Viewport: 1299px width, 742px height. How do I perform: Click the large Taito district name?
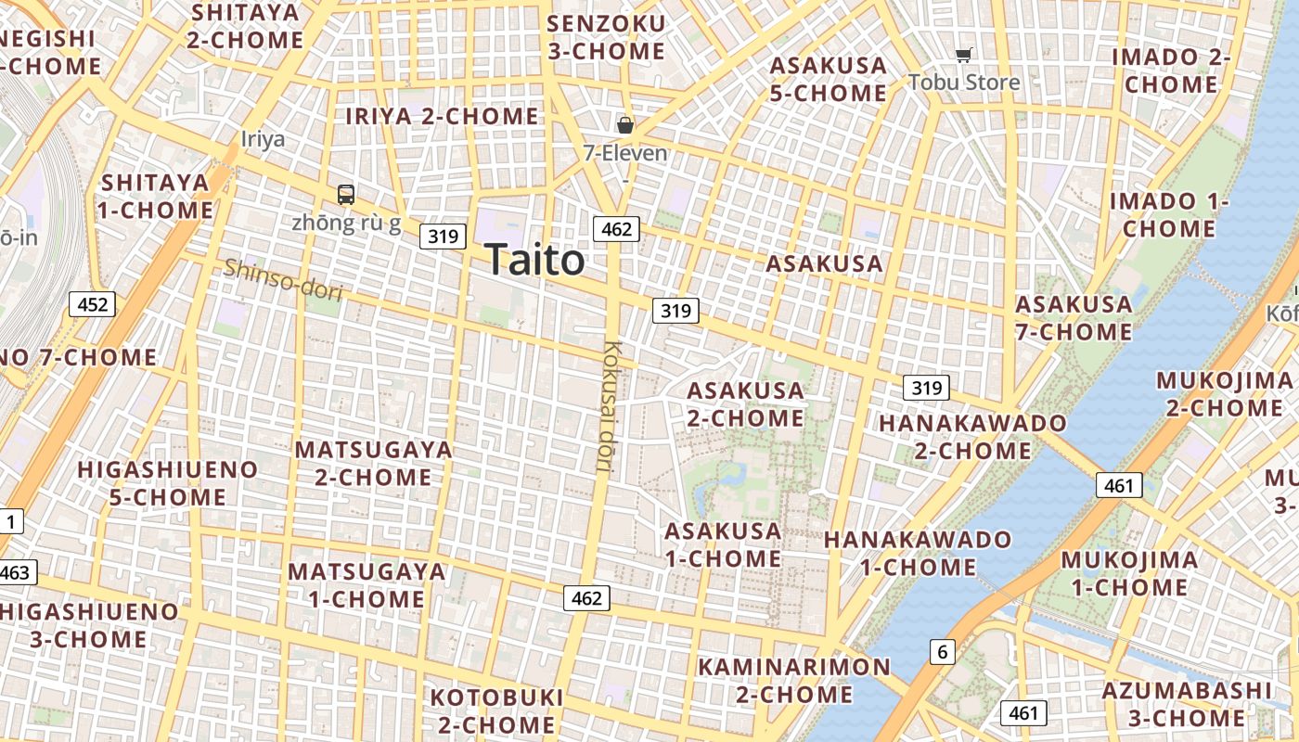[x=534, y=260]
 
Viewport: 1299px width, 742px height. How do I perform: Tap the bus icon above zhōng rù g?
[x=346, y=194]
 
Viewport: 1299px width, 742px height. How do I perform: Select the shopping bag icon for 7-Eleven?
[x=625, y=124]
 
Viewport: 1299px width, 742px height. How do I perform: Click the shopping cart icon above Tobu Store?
[x=964, y=56]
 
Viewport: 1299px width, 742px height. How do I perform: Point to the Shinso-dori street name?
[x=284, y=280]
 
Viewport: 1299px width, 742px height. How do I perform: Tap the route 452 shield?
[x=93, y=304]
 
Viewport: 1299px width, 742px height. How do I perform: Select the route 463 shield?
[x=15, y=572]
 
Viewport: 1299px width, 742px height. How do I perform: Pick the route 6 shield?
[x=943, y=652]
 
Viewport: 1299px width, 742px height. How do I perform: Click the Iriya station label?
[x=263, y=139]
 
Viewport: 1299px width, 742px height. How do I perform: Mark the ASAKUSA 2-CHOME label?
[x=745, y=404]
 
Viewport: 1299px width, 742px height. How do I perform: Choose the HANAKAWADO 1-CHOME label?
[x=918, y=553]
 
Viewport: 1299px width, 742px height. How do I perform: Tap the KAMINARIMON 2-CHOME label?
[x=794, y=680]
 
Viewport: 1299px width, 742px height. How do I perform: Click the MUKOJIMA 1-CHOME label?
[x=1129, y=573]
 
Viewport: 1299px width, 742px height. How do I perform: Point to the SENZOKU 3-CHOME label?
[x=607, y=37]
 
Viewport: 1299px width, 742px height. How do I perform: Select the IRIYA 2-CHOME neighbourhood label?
[x=442, y=116]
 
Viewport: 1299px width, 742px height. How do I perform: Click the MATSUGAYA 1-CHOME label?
[x=367, y=585]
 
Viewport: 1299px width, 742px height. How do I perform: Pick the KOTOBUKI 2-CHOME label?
[x=496, y=710]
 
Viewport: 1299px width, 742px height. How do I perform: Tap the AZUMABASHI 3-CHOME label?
[x=1187, y=704]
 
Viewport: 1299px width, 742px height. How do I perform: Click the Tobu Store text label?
[x=964, y=82]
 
